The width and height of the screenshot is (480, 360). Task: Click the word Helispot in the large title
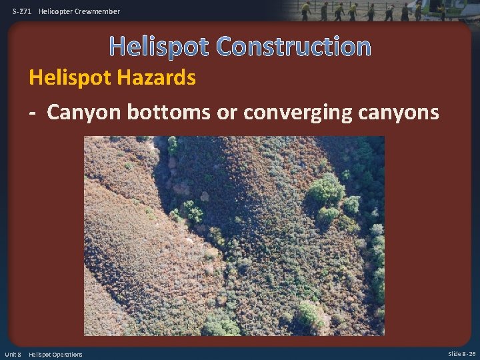[159, 46]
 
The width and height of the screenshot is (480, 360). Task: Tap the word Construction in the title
[293, 46]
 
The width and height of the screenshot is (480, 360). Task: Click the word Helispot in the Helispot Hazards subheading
[68, 78]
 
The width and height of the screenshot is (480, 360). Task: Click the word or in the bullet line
[227, 112]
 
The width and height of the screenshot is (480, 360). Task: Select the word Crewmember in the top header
[97, 11]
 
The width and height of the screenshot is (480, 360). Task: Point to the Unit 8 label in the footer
[14, 354]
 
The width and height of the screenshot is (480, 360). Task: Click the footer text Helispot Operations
[56, 354]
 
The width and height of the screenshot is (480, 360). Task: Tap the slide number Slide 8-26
[461, 354]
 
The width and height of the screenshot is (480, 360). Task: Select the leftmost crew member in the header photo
[306, 11]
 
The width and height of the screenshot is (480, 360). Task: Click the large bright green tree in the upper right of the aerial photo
[326, 189]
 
